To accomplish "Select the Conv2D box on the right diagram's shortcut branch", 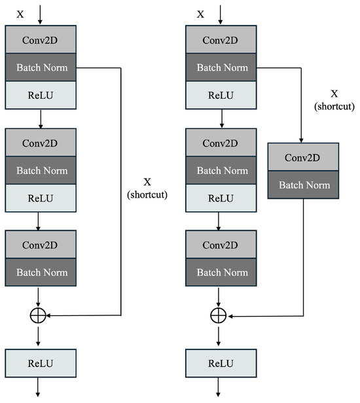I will coord(304,157).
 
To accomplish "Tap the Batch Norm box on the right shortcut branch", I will coord(304,184).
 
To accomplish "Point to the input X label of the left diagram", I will coord(19,14).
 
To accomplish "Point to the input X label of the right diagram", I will coord(201,14).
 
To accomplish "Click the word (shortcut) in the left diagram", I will coord(147,195).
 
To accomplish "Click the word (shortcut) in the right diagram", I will coord(334,106).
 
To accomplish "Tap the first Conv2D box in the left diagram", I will coord(41,39).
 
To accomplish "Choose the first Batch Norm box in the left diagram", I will coord(41,67).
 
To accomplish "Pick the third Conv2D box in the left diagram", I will coord(41,245).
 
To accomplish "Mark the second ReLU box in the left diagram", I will coord(41,198).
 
